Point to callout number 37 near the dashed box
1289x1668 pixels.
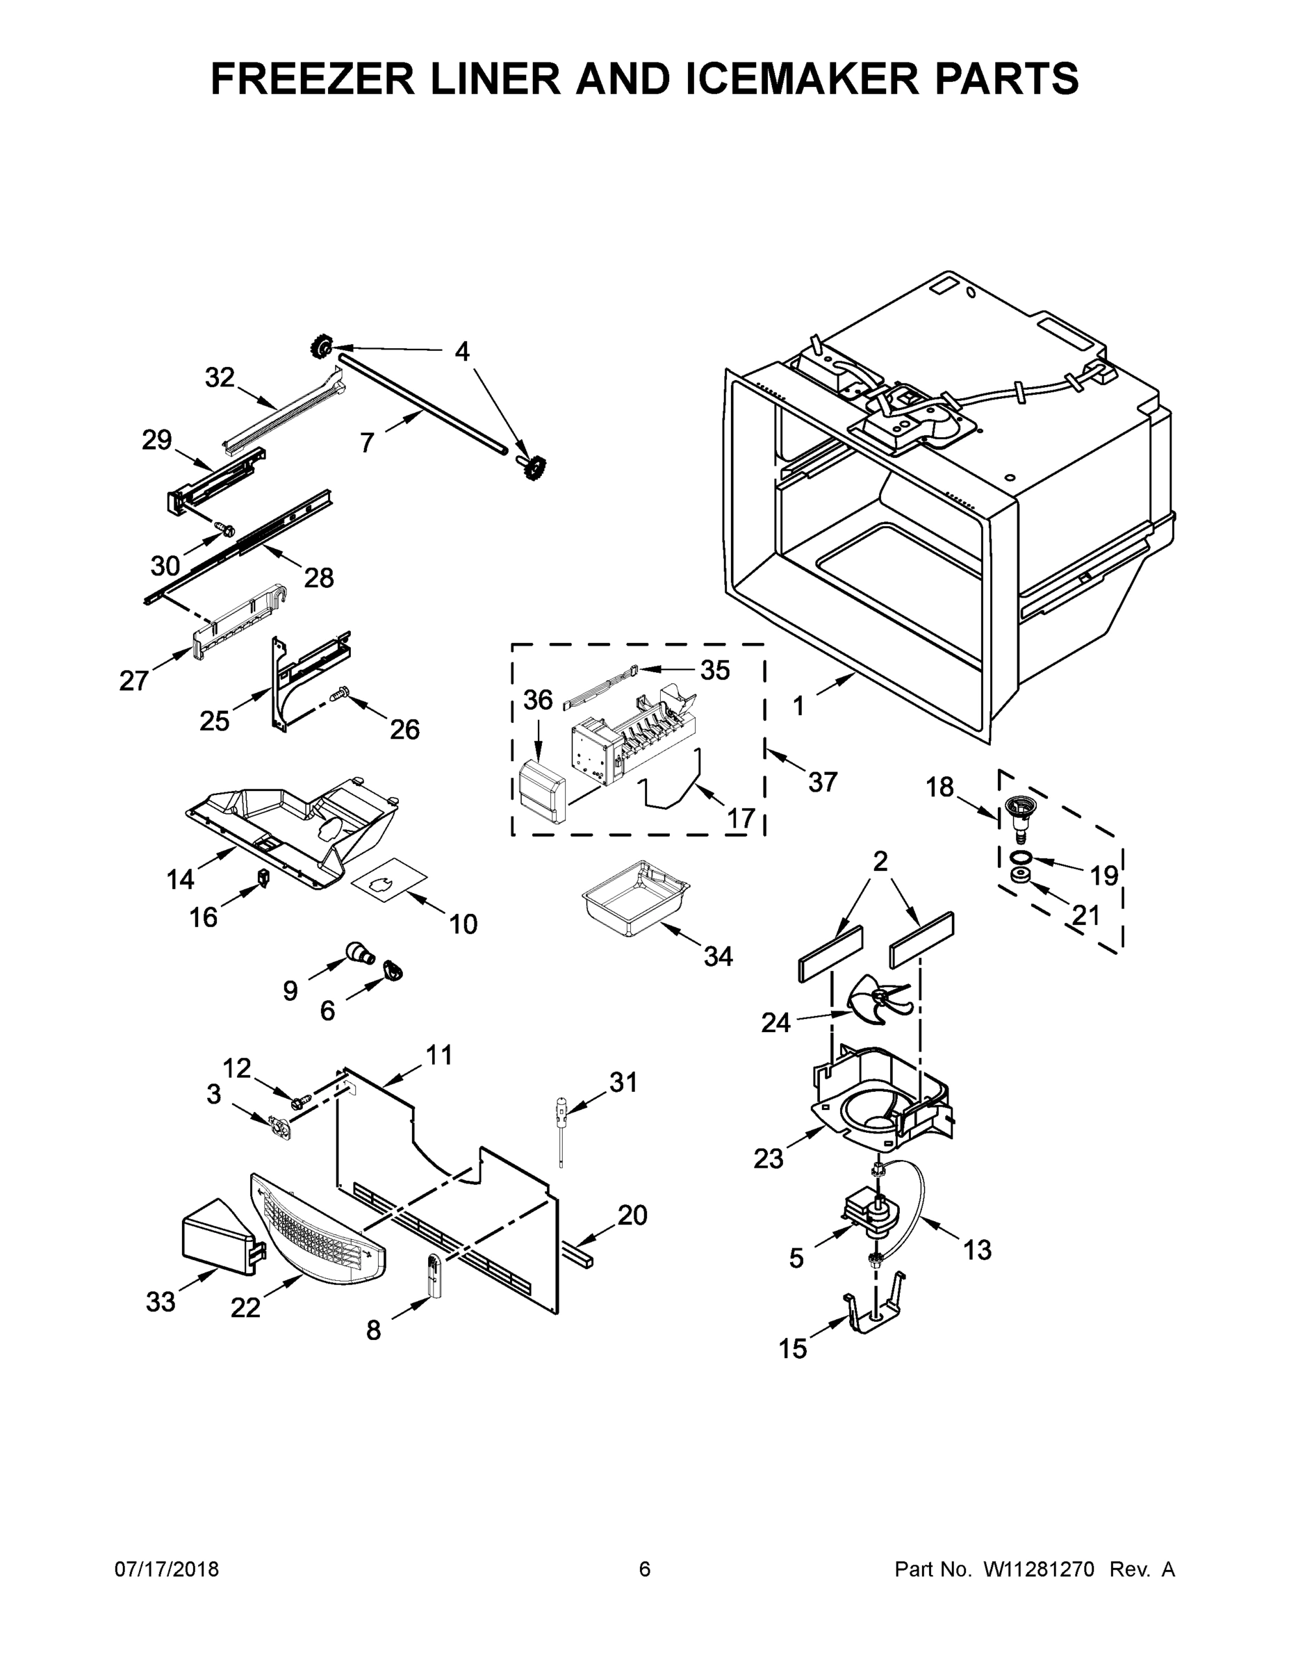click(823, 781)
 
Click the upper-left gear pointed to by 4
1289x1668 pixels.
click(321, 349)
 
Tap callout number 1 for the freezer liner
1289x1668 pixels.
click(798, 705)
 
